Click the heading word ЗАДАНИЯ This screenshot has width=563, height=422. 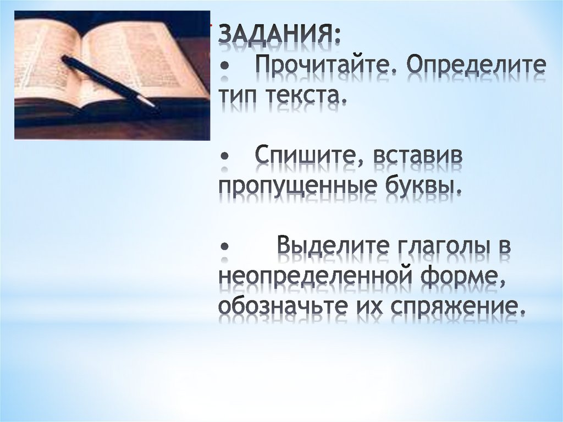coord(279,37)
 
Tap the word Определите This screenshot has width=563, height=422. coord(475,69)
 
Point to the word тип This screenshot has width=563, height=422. coord(240,97)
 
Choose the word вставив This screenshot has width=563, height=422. coord(418,156)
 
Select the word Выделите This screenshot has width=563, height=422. coord(333,245)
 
